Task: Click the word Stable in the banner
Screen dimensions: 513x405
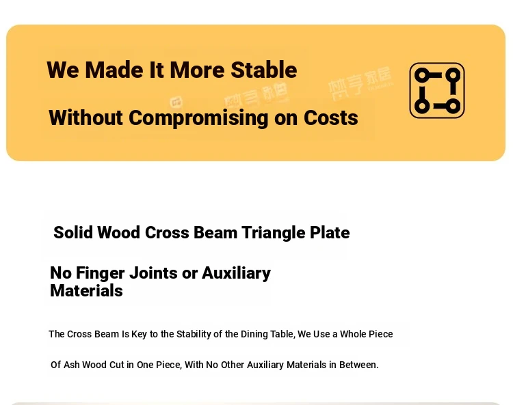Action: [x=264, y=70]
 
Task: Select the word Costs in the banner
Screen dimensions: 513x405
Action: [x=331, y=117]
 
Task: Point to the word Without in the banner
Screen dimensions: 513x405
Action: [x=85, y=117]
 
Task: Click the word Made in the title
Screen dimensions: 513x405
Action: [x=114, y=70]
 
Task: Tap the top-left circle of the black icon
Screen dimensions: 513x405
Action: [x=422, y=75]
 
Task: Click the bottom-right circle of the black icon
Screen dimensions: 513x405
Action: [x=453, y=106]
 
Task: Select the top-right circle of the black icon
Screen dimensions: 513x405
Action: [x=453, y=75]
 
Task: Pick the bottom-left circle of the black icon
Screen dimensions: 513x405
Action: [x=422, y=106]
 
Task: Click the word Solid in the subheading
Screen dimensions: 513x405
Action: [x=73, y=232]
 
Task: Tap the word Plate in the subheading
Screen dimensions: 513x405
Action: [x=330, y=232]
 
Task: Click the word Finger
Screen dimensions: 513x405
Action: [x=100, y=273]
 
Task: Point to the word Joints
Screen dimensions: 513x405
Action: [x=153, y=273]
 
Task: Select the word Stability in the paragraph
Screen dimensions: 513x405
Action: [x=194, y=334]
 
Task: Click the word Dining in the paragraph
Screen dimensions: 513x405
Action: [x=251, y=334]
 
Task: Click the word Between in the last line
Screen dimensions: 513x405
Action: [x=359, y=365]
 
